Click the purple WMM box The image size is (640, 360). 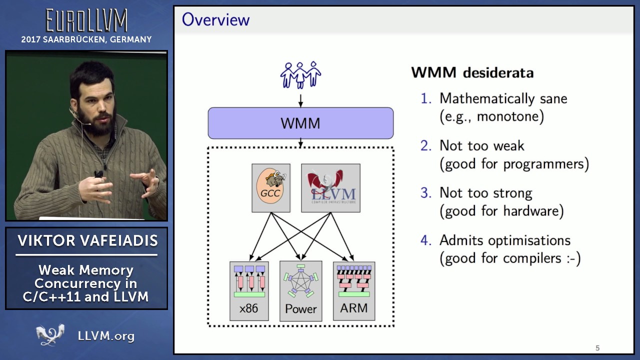[x=300, y=123]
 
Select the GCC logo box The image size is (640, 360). [x=271, y=188]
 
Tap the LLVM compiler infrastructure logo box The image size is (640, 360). [x=331, y=188]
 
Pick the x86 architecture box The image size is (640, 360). [x=249, y=291]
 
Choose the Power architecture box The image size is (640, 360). [x=301, y=291]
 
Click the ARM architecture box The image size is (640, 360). [x=354, y=291]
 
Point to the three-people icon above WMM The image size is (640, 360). [x=300, y=75]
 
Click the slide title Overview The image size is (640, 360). [x=215, y=19]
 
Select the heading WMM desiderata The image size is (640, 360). [x=472, y=72]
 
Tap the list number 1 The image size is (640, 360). [x=425, y=98]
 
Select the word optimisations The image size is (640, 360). [x=529, y=240]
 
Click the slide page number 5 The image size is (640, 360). [x=597, y=348]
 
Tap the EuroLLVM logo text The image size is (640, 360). [x=86, y=20]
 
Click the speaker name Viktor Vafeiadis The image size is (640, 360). [x=87, y=240]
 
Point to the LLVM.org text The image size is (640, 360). [x=106, y=336]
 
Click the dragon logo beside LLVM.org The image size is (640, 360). [x=50, y=334]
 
